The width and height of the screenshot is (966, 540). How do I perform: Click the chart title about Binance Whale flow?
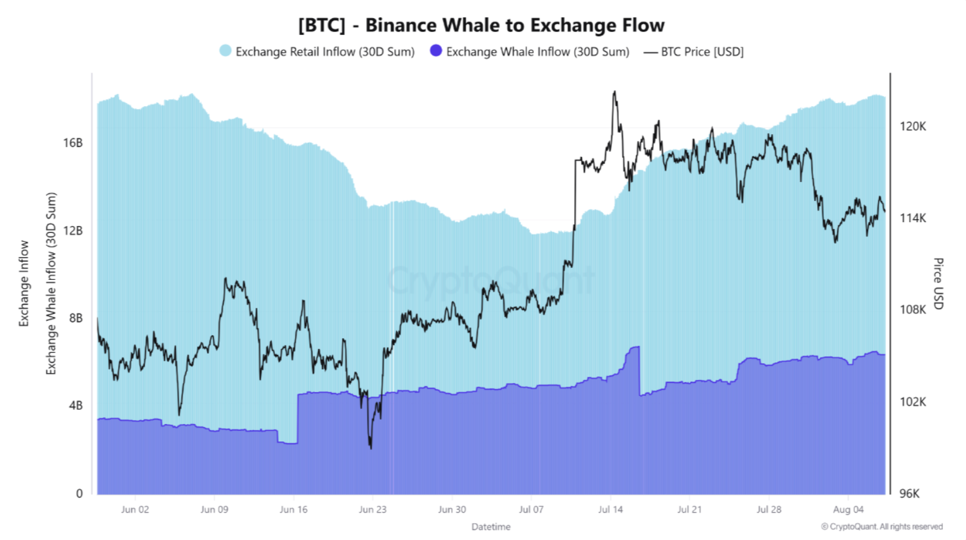click(481, 25)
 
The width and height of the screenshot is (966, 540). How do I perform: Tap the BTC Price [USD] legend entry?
click(693, 52)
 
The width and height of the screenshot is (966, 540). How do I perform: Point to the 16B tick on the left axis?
click(73, 143)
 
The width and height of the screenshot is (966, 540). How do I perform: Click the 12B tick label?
click(73, 230)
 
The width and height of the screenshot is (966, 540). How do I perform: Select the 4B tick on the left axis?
click(76, 405)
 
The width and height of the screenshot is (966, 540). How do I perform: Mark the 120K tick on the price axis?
click(913, 127)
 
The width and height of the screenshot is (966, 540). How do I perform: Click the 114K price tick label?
click(913, 218)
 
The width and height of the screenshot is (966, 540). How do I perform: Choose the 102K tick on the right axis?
click(913, 402)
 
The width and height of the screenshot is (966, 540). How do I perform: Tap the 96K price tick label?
click(910, 493)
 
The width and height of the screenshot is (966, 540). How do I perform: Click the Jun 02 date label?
click(135, 510)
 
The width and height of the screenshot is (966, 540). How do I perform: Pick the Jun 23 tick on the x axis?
click(372, 510)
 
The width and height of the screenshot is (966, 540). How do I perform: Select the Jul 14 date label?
click(610, 510)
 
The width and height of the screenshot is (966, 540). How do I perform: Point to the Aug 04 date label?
click(848, 510)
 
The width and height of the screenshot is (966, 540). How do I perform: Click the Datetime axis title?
click(490, 526)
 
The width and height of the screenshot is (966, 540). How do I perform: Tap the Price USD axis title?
click(938, 283)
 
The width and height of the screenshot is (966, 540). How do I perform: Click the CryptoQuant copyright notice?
click(882, 526)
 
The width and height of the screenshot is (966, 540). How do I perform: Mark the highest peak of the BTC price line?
click(615, 92)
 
